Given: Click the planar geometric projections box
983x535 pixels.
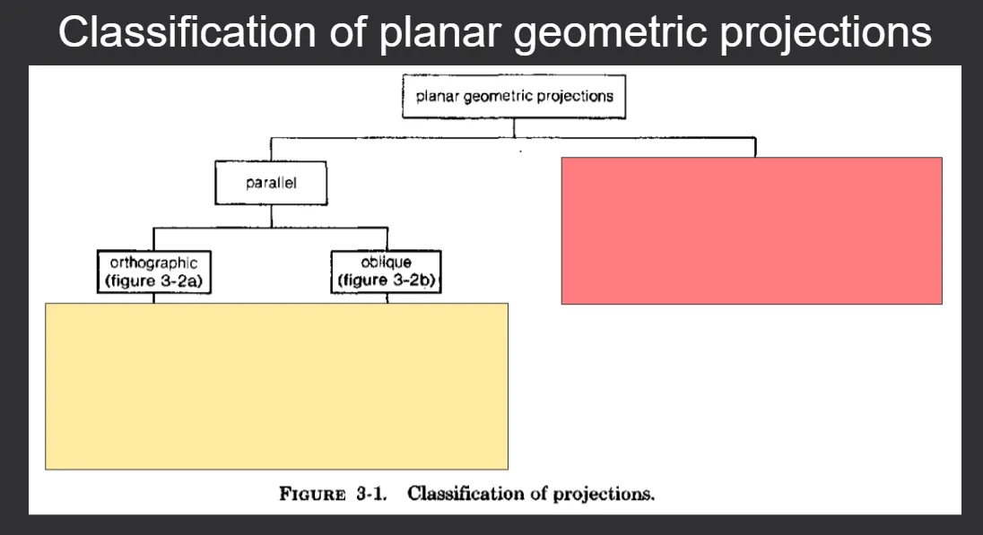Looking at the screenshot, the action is [x=514, y=97].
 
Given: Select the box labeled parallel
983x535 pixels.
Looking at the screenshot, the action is [x=271, y=183].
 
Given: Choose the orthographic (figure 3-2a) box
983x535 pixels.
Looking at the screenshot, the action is [x=154, y=272].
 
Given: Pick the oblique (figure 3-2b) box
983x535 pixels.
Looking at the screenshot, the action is [x=387, y=272].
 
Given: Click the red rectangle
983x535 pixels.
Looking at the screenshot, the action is [x=752, y=230].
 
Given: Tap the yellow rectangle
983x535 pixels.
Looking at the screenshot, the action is [x=276, y=386].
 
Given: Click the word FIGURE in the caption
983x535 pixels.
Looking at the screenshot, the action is [x=312, y=495].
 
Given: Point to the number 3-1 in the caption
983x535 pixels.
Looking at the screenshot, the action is [x=371, y=495].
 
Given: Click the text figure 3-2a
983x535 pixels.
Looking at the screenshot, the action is [x=154, y=281].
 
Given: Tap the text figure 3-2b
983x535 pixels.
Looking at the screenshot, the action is [x=387, y=280].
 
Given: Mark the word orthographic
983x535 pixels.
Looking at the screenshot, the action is [x=153, y=263].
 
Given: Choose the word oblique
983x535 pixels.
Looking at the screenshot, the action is [x=387, y=262].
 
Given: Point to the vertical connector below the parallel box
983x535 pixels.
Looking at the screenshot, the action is [x=272, y=216].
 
